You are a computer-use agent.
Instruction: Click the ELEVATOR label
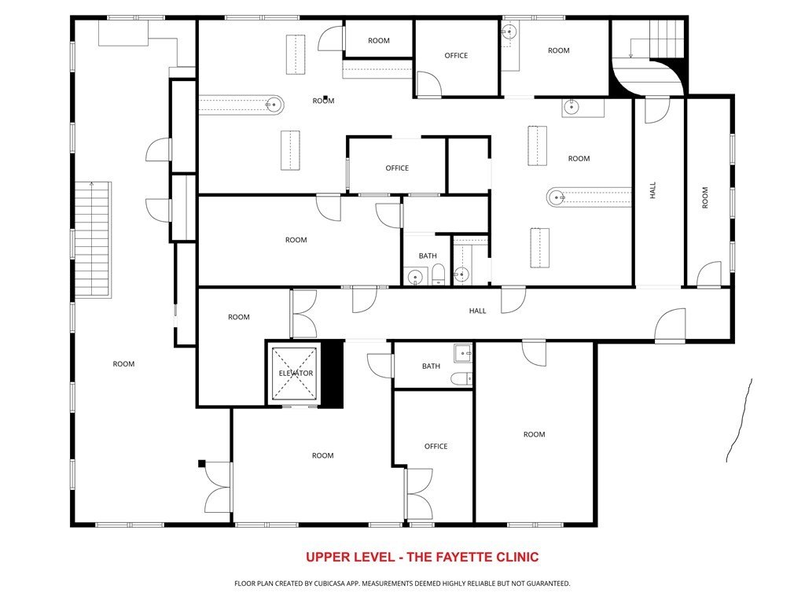click(296, 374)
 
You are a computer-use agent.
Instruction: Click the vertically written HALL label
click(652, 190)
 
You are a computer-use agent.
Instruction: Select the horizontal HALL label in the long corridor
click(477, 311)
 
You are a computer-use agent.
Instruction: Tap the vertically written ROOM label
click(705, 197)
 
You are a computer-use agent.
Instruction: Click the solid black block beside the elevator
click(333, 374)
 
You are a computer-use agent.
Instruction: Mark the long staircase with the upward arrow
click(93, 239)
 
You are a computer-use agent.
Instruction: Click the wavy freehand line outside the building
click(739, 420)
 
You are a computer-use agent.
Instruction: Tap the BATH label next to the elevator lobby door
click(432, 366)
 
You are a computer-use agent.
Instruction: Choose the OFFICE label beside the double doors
click(436, 447)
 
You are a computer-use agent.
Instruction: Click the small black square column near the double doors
click(202, 463)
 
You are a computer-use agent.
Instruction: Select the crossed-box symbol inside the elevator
click(295, 374)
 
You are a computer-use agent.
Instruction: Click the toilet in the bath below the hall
click(461, 379)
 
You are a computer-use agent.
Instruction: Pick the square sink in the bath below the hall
click(463, 353)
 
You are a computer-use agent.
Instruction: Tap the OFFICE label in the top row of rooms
click(456, 56)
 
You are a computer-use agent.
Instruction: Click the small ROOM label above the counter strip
click(379, 41)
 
